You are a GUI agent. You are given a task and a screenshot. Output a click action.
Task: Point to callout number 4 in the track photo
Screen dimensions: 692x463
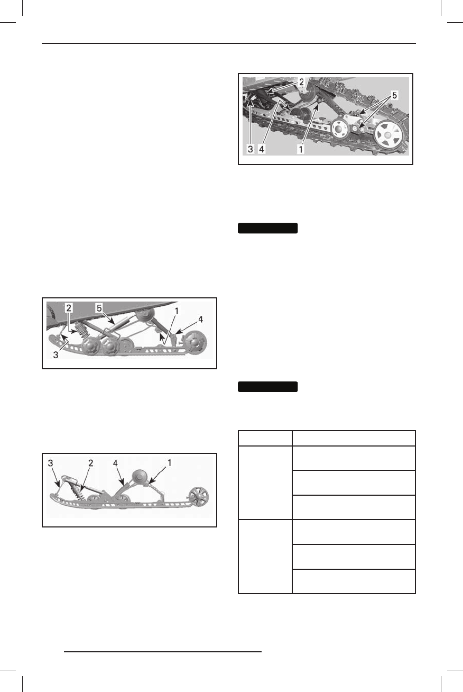[262, 149]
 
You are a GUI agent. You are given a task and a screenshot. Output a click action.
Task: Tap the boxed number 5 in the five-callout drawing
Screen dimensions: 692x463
[99, 307]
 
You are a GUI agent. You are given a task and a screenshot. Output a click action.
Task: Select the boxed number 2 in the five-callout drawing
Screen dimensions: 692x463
[68, 307]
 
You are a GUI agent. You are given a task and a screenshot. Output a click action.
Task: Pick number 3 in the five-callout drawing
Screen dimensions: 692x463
[57, 354]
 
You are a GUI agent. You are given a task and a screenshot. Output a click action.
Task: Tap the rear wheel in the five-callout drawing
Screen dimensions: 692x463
[195, 343]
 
